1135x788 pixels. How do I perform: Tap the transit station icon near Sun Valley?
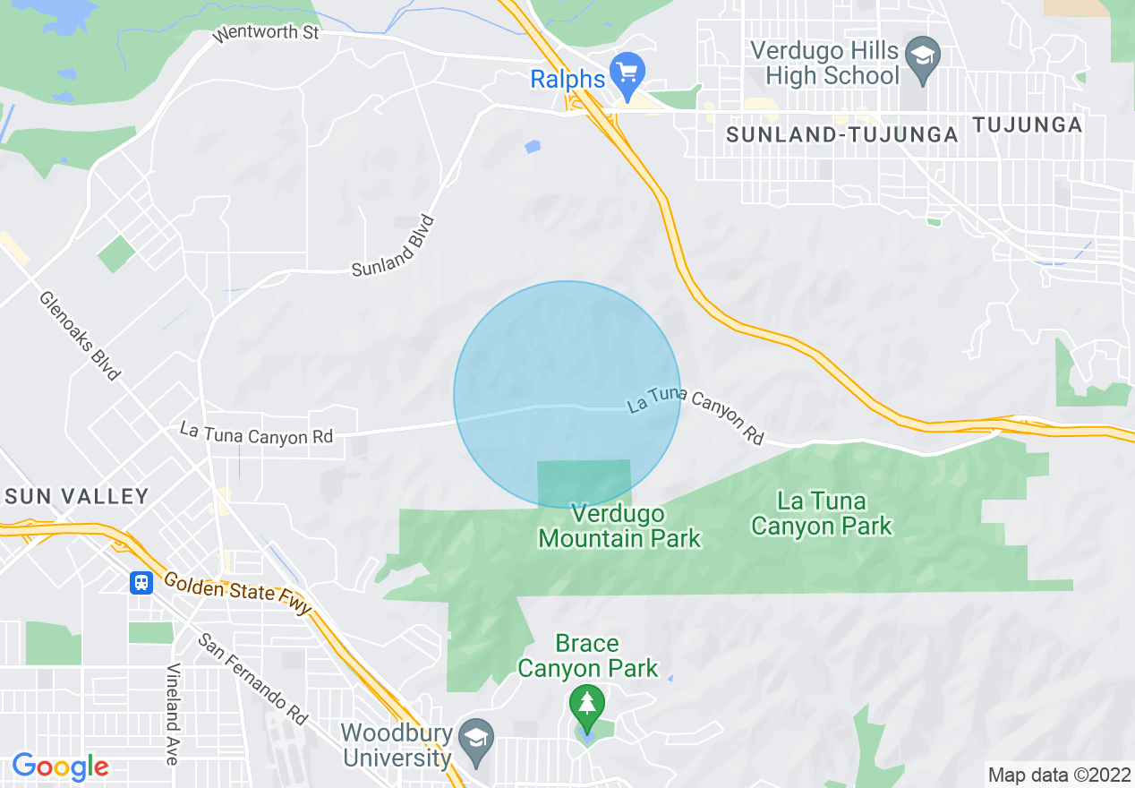pos(141,584)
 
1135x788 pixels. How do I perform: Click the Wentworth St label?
pos(266,35)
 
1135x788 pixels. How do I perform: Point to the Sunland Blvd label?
pos(394,246)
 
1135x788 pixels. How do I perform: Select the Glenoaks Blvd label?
pos(79,335)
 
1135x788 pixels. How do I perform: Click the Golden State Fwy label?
pos(237,594)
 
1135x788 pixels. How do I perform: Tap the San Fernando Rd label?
pos(253,679)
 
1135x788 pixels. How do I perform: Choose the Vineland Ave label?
pos(172,714)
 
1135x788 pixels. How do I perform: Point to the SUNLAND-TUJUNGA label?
pos(842,134)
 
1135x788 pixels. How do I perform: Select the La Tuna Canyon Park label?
pos(822,513)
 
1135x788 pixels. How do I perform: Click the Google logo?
pos(60,767)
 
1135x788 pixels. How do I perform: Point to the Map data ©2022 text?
pos(1058,775)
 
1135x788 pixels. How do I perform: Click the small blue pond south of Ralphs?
pos(533,146)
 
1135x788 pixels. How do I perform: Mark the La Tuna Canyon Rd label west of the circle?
pos(256,433)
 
